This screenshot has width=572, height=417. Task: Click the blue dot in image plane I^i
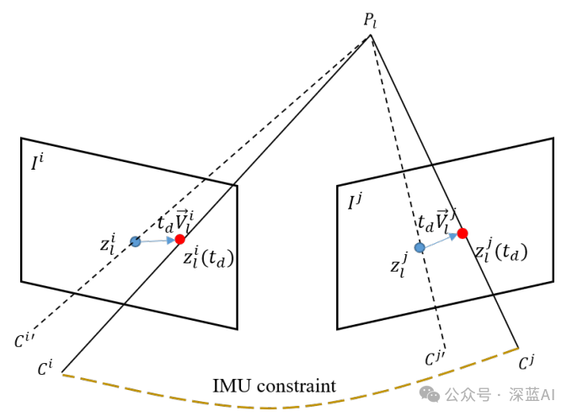[x=135, y=241]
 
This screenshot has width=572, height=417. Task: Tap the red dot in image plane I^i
[x=179, y=240]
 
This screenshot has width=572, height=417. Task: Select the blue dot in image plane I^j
[x=420, y=247]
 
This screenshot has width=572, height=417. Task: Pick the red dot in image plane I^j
[x=462, y=233]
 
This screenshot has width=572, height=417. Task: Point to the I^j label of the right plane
[x=356, y=202]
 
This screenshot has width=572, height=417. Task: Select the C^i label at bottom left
[x=45, y=368]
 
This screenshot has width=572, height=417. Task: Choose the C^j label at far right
[x=527, y=363]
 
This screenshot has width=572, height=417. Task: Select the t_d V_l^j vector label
[x=437, y=222]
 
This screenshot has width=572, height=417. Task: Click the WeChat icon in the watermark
[x=430, y=394]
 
